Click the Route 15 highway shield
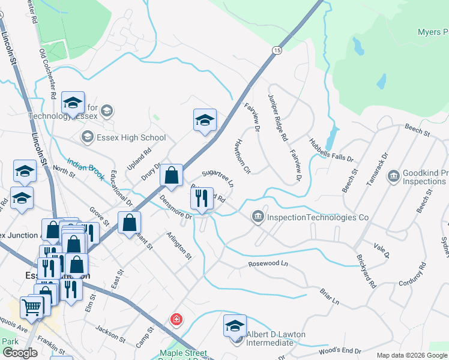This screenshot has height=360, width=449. point(276,51)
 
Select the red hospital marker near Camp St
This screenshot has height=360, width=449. point(176,319)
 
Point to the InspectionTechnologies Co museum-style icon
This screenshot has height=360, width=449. point(258,215)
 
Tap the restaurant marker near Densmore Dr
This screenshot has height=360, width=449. point(203,197)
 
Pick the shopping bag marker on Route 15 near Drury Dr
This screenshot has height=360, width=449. point(172,175)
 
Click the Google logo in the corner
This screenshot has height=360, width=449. point(20,353)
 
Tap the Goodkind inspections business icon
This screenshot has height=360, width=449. point(394,176)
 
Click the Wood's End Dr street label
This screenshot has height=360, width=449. point(340,351)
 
